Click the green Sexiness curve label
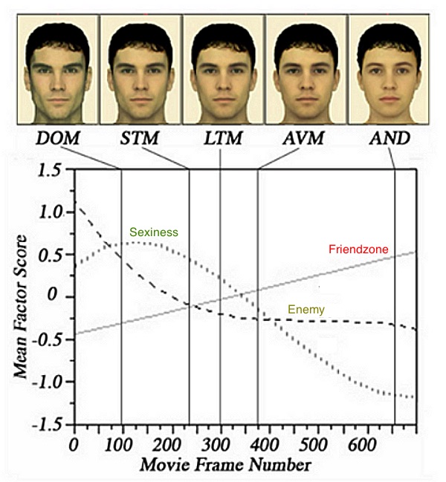(154, 232)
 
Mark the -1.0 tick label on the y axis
(45, 382)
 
